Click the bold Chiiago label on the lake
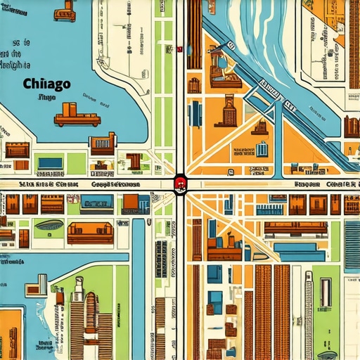[x=46, y=84]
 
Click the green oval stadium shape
[x=49, y=226]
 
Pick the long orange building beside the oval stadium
[x=90, y=232]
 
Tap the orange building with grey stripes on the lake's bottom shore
[x=102, y=143]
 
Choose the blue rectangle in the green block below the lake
[x=50, y=163]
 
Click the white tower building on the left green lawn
[x=41, y=285]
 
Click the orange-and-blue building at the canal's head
[x=131, y=203]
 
